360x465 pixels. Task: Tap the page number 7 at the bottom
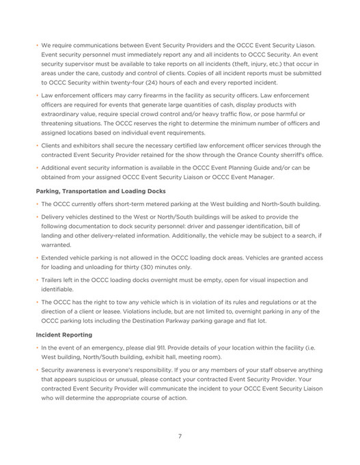(180, 436)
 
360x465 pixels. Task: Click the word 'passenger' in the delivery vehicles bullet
(239, 225)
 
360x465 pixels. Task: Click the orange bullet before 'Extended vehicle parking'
(37, 258)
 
